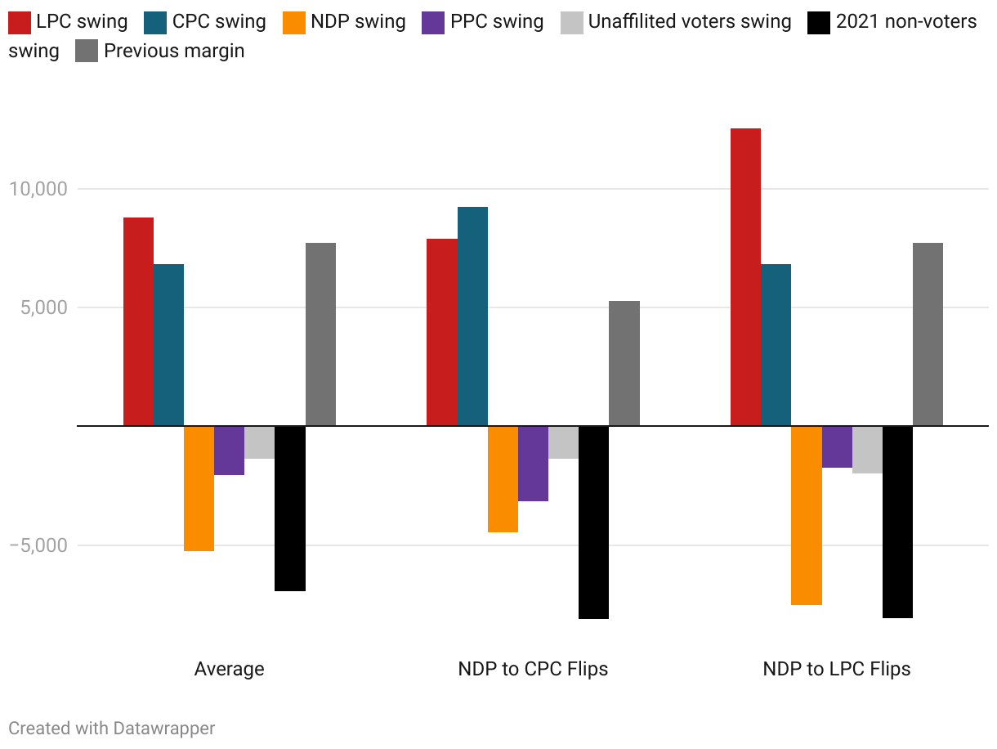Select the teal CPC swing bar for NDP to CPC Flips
(x=472, y=316)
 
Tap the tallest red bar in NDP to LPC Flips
(x=745, y=277)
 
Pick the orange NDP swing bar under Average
(x=199, y=488)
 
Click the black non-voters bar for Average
(x=290, y=508)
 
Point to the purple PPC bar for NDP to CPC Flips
(x=533, y=463)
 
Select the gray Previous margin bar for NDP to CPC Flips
(x=624, y=363)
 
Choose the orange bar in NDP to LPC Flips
(x=806, y=515)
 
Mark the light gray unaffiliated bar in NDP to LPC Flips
(x=867, y=449)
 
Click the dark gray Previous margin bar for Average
(x=320, y=334)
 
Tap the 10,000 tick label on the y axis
(x=38, y=189)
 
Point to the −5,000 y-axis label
(x=38, y=545)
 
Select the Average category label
(x=229, y=669)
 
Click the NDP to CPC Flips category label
(x=533, y=669)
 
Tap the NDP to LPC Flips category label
(x=836, y=669)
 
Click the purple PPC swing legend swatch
(x=432, y=21)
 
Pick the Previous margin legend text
(x=174, y=51)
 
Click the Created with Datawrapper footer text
(x=112, y=728)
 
